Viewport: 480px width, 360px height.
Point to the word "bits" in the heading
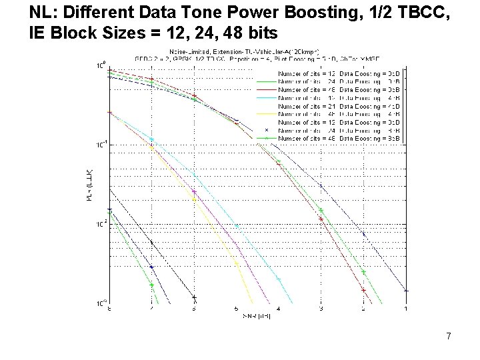263,31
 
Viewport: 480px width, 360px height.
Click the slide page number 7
449,336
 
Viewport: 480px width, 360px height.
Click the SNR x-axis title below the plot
257,315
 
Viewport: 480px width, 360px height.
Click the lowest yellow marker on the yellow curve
237,263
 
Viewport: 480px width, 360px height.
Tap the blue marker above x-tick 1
406,291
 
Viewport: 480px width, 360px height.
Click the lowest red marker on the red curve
363,290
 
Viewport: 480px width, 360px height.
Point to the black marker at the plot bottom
194,297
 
